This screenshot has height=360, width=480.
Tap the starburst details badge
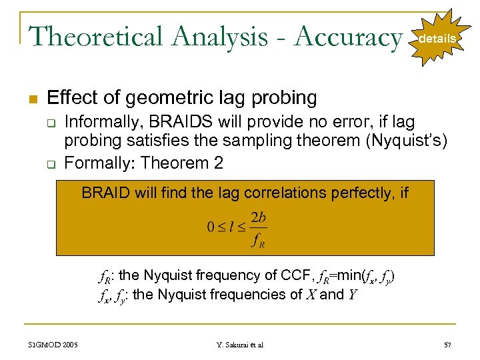pyautogui.click(x=437, y=39)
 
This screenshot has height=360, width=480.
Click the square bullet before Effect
pyautogui.click(x=33, y=99)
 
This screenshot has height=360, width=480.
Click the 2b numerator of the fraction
pyautogui.click(x=259, y=217)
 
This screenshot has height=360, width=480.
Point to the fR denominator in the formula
pyautogui.click(x=258, y=241)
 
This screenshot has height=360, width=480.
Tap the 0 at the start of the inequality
pyautogui.click(x=211, y=229)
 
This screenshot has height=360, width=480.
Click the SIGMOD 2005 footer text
pyautogui.click(x=53, y=344)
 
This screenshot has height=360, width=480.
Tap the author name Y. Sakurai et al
pyautogui.click(x=241, y=344)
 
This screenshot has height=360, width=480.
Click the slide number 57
pyautogui.click(x=447, y=344)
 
